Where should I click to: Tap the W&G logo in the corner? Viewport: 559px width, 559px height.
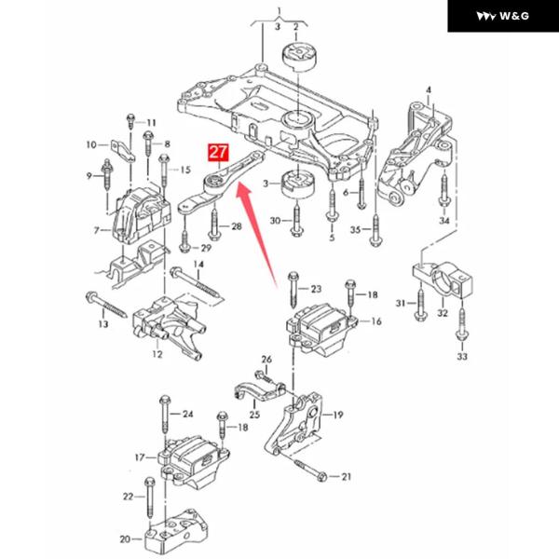[502, 16]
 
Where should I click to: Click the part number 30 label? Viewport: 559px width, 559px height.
[275, 221]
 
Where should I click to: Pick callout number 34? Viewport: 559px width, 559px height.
[444, 221]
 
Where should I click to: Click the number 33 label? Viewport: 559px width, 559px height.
[461, 357]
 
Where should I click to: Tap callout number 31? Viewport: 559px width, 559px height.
[401, 304]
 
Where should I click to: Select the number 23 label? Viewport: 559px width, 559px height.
[315, 289]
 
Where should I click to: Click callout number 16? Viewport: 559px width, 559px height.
[376, 321]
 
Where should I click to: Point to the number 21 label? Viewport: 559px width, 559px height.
[348, 477]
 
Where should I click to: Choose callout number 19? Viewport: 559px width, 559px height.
[337, 415]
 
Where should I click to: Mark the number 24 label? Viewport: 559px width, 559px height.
[186, 414]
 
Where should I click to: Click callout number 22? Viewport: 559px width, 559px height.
[127, 496]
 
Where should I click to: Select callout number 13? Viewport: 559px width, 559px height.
[102, 324]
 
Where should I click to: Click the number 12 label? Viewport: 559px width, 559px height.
[157, 354]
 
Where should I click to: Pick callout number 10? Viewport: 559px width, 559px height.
[91, 144]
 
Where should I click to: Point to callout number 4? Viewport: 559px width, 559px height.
[429, 89]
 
